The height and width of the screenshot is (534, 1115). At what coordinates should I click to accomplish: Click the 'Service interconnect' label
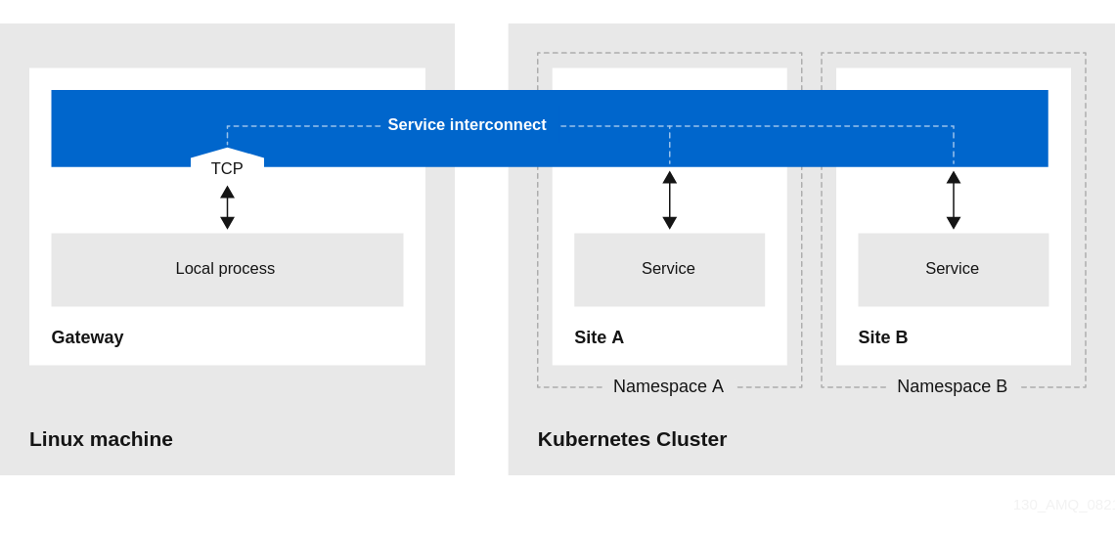click(x=467, y=125)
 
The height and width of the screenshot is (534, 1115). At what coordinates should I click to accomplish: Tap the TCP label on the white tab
click(x=227, y=168)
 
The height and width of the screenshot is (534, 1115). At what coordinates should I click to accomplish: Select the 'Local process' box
click(x=227, y=269)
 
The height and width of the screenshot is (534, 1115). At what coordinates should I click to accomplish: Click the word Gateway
click(x=87, y=337)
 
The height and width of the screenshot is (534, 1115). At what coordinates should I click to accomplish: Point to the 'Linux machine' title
click(x=101, y=439)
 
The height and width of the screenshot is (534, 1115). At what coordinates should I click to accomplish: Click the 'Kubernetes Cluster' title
click(x=632, y=439)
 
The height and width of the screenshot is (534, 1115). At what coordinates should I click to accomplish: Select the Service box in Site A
click(x=669, y=269)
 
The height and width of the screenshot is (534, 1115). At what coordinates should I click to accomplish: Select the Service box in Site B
click(x=953, y=269)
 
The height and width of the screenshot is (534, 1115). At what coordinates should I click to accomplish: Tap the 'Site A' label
click(x=599, y=337)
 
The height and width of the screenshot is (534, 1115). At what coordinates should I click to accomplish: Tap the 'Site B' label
click(x=882, y=337)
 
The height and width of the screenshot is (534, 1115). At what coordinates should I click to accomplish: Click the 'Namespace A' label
click(x=668, y=386)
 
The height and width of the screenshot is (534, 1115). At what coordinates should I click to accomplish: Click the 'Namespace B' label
click(x=952, y=386)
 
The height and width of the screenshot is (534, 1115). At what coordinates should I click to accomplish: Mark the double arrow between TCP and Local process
click(x=227, y=207)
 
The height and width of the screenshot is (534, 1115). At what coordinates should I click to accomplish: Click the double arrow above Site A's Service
click(x=670, y=200)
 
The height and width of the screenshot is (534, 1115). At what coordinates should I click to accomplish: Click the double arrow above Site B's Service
click(x=954, y=200)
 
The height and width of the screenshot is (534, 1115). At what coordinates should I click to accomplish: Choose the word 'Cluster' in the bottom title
click(x=691, y=439)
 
